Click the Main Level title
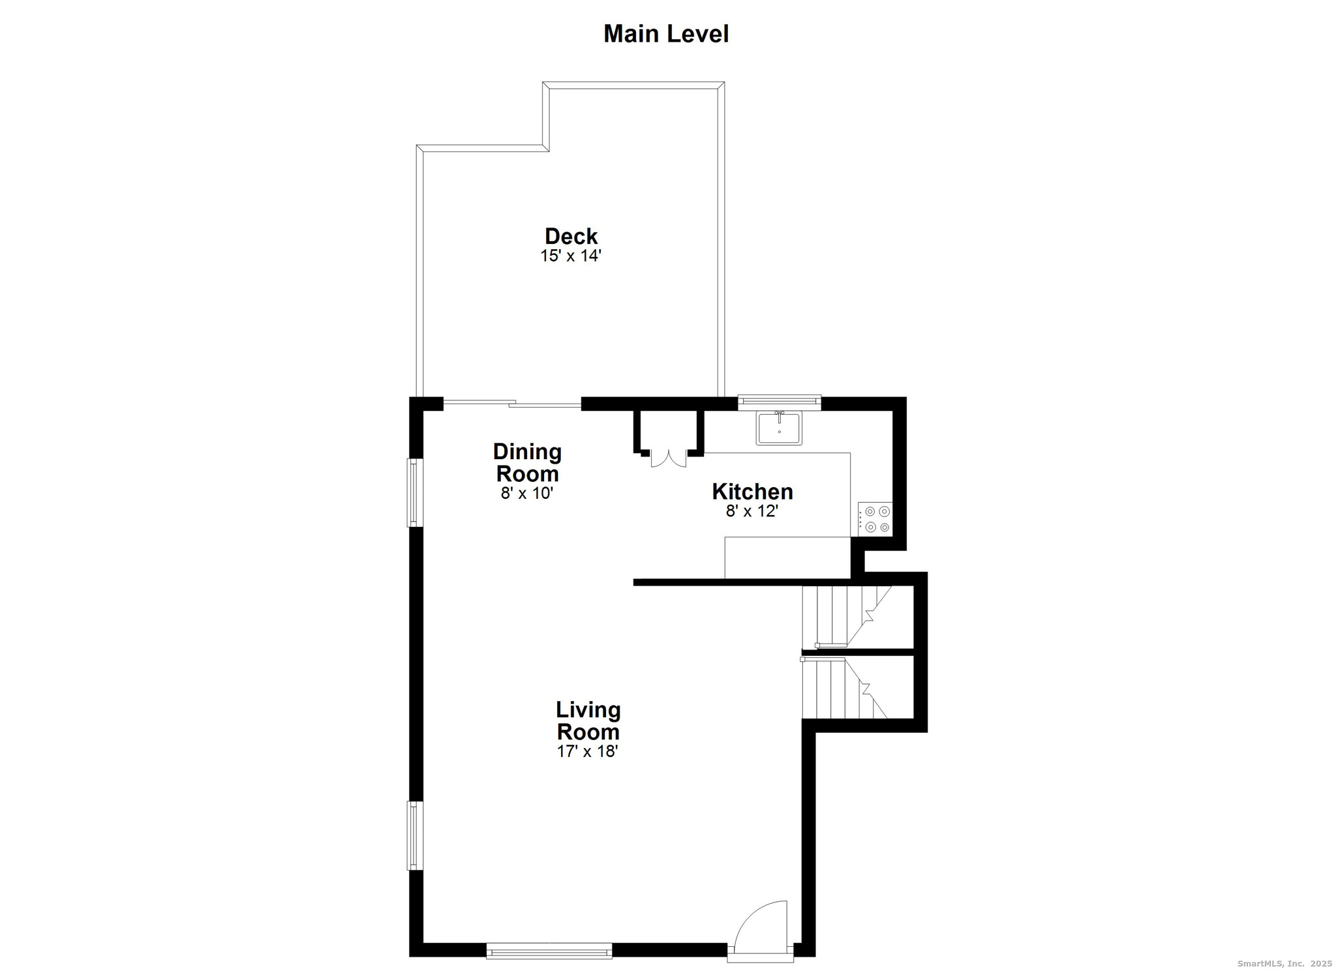point(665,34)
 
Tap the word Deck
point(571,235)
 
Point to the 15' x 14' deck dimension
point(570,256)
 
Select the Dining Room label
point(527,462)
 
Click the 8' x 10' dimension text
point(526,493)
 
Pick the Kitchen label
point(752,491)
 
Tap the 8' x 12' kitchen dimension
point(752,511)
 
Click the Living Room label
point(588,720)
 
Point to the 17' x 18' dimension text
point(587,751)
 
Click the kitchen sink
point(779,428)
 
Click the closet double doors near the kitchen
point(669,458)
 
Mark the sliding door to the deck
point(512,404)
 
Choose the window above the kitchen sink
point(779,402)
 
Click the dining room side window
point(414,492)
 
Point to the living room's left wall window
point(414,835)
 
